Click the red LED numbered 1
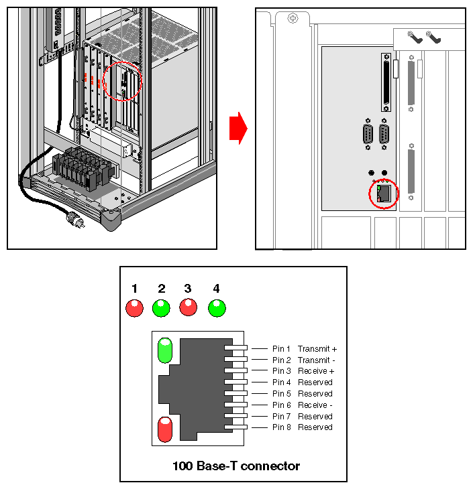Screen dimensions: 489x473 pos(135,308)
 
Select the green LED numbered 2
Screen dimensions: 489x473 pos(161,308)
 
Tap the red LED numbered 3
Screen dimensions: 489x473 pos(188,308)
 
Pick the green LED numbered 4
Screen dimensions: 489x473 pos(217,308)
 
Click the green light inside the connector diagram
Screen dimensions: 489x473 pos(165,350)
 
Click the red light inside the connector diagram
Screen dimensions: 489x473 pos(165,429)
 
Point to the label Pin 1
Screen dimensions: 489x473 pos(282,349)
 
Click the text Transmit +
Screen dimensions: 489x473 pos(317,349)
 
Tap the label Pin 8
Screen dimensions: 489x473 pos(282,427)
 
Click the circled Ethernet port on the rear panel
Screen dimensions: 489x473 pos(384,194)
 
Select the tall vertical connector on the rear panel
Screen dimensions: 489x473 pos(386,82)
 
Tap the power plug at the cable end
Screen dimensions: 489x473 pos(72,218)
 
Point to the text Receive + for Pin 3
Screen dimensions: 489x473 pos(315,371)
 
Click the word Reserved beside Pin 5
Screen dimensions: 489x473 pos(315,394)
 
